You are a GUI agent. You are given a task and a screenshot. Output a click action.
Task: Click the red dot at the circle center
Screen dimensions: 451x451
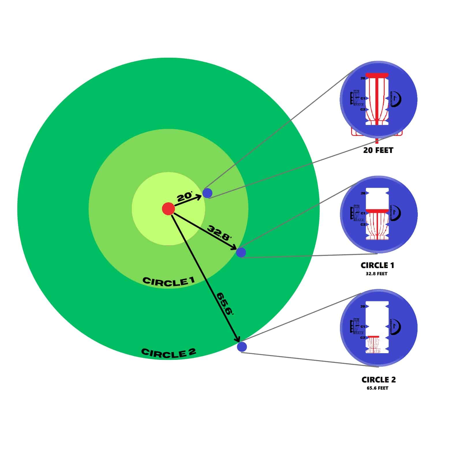coord(168,209)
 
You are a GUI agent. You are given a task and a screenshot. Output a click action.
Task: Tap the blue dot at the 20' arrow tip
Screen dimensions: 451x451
coord(207,193)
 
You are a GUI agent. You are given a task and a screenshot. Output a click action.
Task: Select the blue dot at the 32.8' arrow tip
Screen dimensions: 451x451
coord(241,252)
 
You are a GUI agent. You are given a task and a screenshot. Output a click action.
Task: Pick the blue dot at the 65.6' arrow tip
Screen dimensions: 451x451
coord(242,347)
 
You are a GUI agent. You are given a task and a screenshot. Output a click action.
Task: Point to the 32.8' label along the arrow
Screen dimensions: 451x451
coord(220,233)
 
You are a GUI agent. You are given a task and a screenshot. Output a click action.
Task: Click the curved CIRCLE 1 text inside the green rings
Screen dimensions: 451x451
coord(169,281)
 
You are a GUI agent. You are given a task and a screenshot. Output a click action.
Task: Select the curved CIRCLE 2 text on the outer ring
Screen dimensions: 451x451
coord(169,353)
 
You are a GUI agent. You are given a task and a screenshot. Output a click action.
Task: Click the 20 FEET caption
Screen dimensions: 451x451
coord(378,150)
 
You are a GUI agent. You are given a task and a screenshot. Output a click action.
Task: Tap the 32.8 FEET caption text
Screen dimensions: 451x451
coord(377,274)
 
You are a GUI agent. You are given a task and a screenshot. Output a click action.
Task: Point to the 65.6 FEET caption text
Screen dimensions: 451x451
coord(377,388)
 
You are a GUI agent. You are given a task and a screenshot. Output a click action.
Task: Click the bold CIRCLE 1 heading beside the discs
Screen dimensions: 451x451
coord(377,265)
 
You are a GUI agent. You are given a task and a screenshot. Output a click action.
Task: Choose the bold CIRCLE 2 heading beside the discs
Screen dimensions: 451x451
coord(378,380)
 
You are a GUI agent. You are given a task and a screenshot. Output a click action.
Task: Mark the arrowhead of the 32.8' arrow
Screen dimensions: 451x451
coord(234,248)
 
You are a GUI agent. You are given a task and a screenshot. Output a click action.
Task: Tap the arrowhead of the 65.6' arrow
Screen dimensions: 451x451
coord(238,339)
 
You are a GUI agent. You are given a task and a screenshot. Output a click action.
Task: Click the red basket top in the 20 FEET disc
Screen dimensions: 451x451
coord(377,75)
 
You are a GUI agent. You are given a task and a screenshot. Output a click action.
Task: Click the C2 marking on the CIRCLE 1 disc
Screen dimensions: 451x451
coord(363,224)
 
